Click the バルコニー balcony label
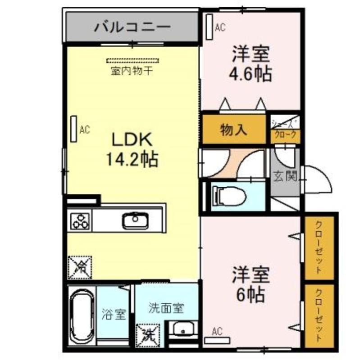(132, 27)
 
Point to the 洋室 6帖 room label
(251, 284)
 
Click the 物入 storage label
(233, 130)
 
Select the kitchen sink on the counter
(133, 220)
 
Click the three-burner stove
(80, 220)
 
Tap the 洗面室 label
(166, 309)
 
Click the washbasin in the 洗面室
(183, 329)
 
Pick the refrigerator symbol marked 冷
(79, 267)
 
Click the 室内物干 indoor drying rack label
(133, 71)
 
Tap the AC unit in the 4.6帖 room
(209, 27)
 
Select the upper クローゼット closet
(319, 248)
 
